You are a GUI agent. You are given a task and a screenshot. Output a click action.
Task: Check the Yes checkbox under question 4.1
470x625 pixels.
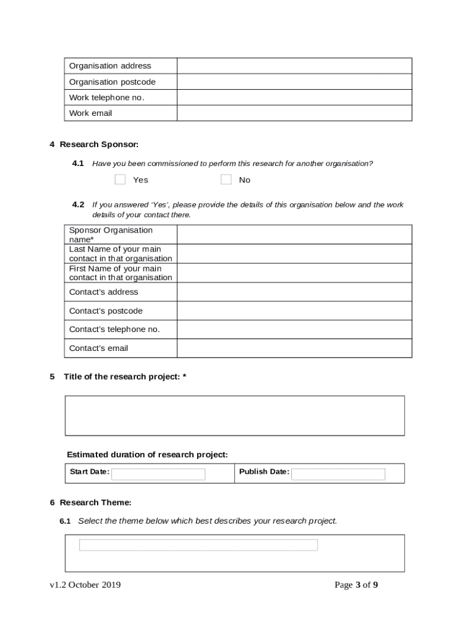click(x=120, y=179)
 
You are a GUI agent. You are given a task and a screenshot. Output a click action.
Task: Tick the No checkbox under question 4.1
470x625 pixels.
click(x=226, y=179)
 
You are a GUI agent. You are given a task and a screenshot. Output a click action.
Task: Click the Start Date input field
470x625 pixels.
click(x=158, y=474)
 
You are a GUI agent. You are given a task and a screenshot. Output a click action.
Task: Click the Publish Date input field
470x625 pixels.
click(x=338, y=474)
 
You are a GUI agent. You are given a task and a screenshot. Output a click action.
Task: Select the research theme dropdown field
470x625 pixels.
click(x=198, y=545)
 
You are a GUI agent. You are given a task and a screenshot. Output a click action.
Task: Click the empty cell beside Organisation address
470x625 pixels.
click(x=294, y=66)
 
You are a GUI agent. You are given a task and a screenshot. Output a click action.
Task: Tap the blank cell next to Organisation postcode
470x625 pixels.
click(x=294, y=82)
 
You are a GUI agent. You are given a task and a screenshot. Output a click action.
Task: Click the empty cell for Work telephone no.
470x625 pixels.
click(x=294, y=98)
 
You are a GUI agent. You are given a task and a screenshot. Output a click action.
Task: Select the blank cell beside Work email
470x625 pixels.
click(x=294, y=113)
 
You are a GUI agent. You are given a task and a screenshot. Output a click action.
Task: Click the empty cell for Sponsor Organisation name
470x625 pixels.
click(x=294, y=234)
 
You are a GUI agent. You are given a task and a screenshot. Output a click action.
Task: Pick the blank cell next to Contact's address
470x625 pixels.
click(x=294, y=292)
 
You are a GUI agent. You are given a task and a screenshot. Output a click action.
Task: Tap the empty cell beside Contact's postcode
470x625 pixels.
click(x=294, y=311)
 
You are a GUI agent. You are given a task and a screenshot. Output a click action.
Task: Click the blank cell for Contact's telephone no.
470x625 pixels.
click(x=294, y=330)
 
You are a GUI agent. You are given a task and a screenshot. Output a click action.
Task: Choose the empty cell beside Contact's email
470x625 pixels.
click(x=294, y=348)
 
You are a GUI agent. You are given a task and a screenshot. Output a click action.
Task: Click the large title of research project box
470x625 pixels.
click(x=234, y=416)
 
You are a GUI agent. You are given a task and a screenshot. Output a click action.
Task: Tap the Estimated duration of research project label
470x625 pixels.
click(x=147, y=455)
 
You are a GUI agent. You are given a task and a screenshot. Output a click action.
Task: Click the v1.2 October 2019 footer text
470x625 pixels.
click(x=85, y=585)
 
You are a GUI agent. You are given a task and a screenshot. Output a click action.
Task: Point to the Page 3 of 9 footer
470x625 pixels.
click(x=356, y=585)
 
